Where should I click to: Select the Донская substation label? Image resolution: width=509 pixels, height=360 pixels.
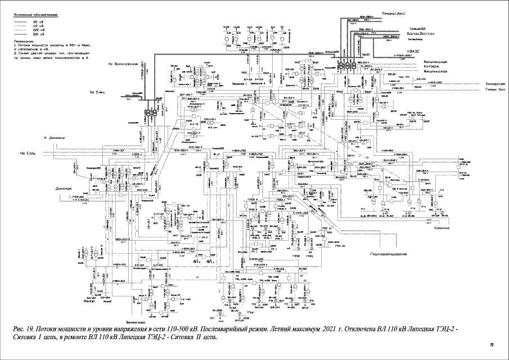coord(65,188)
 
